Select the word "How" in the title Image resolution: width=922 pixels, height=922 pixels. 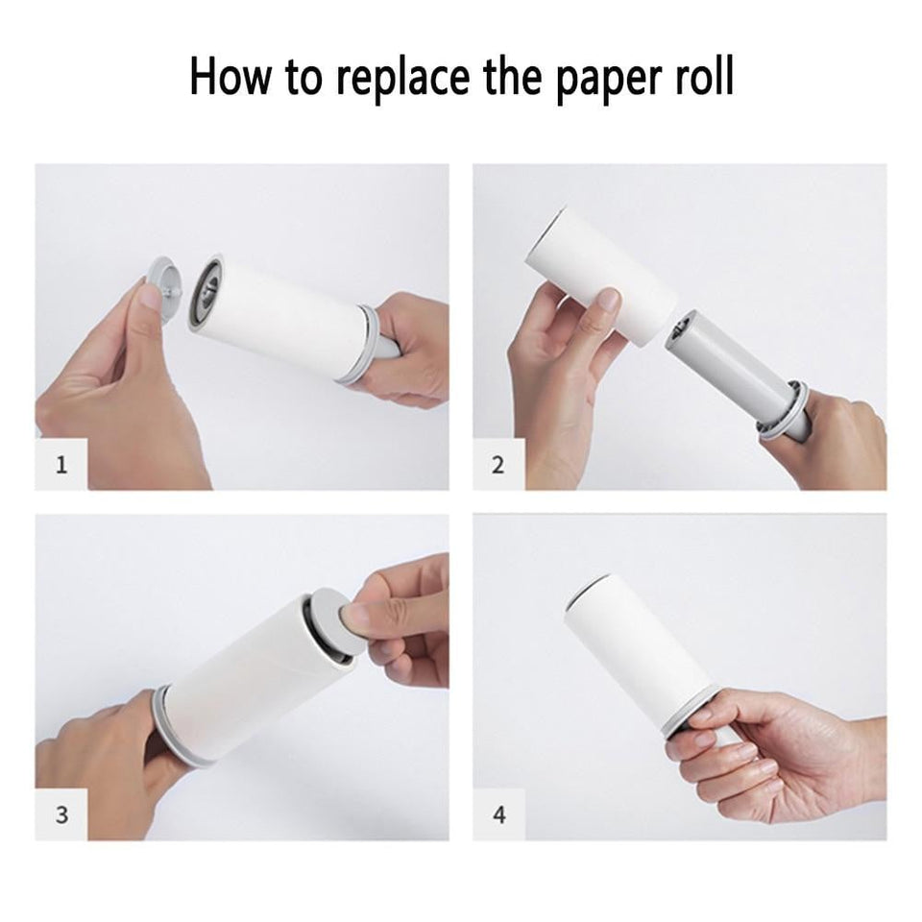click(x=227, y=77)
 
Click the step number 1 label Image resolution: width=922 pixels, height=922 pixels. click(x=62, y=466)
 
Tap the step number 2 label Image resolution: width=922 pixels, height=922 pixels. click(x=497, y=466)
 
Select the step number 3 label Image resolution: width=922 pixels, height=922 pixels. click(x=62, y=815)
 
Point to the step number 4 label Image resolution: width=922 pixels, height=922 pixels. click(x=497, y=815)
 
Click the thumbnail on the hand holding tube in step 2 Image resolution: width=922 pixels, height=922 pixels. click(x=606, y=302)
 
